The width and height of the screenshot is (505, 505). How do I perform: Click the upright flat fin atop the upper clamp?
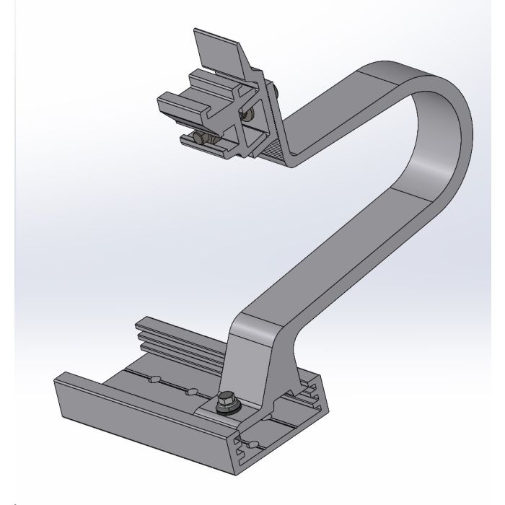219,52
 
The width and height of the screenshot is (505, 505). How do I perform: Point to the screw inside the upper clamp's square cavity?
250,115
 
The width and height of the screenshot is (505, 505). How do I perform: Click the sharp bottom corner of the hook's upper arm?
293,164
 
